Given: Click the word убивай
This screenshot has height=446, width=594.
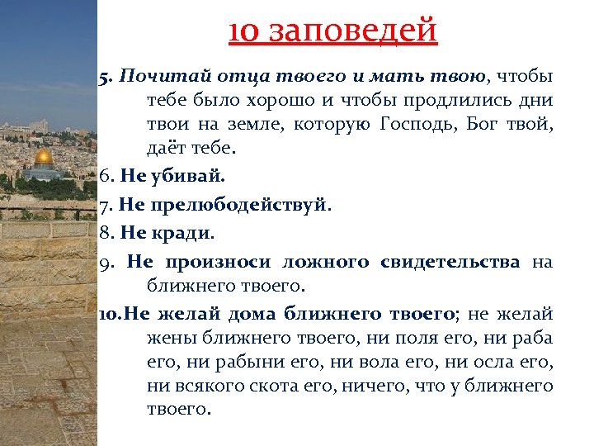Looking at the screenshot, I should pos(181,176).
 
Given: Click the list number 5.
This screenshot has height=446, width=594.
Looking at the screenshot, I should pos(105,77).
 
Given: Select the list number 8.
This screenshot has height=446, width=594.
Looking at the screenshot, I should pos(104,233).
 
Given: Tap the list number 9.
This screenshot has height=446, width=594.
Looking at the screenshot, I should pos(105,262).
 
